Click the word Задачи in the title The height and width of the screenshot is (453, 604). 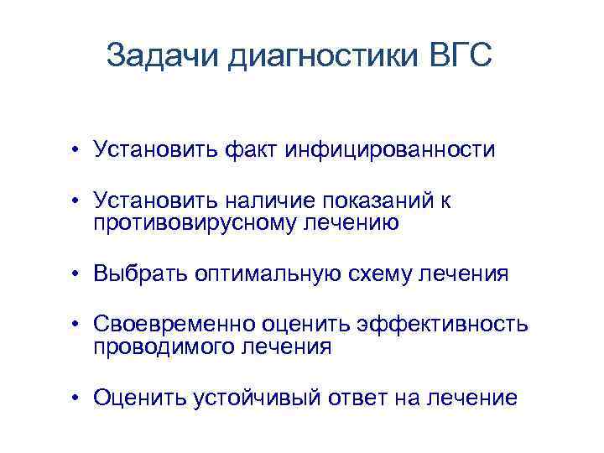tap(164, 56)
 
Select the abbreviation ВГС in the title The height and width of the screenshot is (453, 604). tap(456, 56)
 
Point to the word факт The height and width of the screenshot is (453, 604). tap(247, 150)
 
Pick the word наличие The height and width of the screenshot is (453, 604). tap(268, 200)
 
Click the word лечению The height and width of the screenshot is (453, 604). tap(356, 222)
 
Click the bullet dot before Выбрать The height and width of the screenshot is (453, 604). tap(75, 274)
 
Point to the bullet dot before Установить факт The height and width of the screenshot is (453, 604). tap(75, 151)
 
